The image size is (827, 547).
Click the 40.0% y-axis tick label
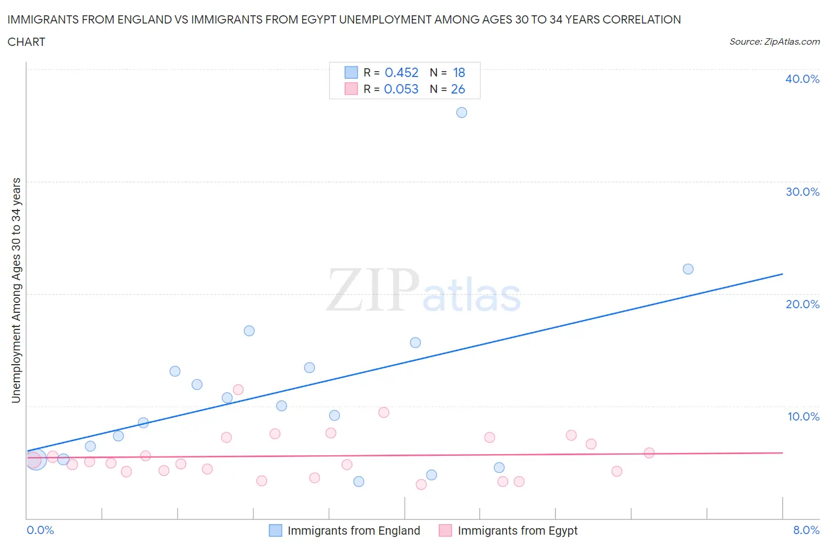pyautogui.click(x=802, y=79)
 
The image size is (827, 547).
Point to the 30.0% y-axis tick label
pyautogui.click(x=802, y=192)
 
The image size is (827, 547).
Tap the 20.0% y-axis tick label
pyautogui.click(x=802, y=304)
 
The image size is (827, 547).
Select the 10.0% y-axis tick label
pyautogui.click(x=803, y=416)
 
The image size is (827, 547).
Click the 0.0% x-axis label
pyautogui.click(x=40, y=530)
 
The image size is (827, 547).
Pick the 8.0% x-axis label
pyautogui.click(x=806, y=530)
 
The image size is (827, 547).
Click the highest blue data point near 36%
pyautogui.click(x=462, y=112)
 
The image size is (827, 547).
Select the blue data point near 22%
pyautogui.click(x=688, y=269)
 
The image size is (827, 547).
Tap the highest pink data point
pyautogui.click(x=238, y=389)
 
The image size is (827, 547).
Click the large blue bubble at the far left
pyautogui.click(x=36, y=459)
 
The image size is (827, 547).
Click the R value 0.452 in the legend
pyautogui.click(x=402, y=72)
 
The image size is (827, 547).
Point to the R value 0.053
pyautogui.click(x=401, y=89)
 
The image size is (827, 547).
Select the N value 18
pyautogui.click(x=459, y=72)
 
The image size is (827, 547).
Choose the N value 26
pyautogui.click(x=458, y=89)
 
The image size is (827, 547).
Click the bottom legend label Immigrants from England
pyautogui.click(x=354, y=531)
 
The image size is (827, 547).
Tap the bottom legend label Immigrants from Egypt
pyautogui.click(x=518, y=531)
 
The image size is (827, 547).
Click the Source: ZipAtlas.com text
pyautogui.click(x=774, y=41)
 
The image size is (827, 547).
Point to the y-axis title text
pyautogui.click(x=16, y=290)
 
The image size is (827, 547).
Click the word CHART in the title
pyautogui.click(x=26, y=42)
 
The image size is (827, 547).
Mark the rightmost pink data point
pyautogui.click(x=649, y=453)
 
